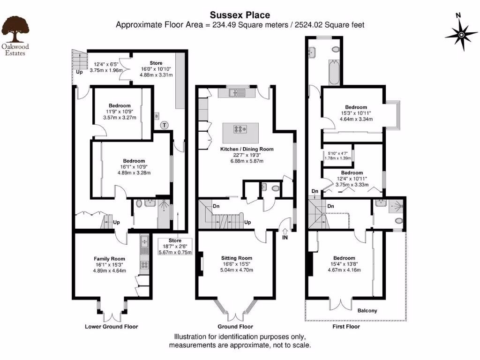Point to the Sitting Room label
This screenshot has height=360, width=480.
237,258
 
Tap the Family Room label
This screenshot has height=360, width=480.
109,259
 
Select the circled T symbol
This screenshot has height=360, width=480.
164,125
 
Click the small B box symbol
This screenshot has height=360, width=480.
157,115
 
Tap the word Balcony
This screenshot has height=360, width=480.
367,311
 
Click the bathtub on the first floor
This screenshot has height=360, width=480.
334,73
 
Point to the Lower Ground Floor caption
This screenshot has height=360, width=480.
112,327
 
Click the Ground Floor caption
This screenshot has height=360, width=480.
235,327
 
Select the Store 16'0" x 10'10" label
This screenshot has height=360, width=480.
156,63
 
